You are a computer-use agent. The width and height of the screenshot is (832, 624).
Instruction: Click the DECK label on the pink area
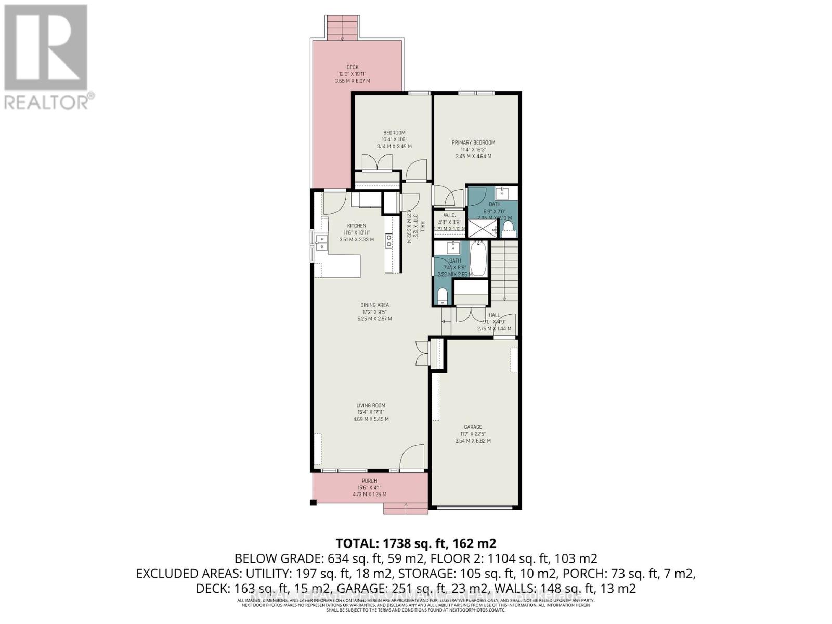(353, 67)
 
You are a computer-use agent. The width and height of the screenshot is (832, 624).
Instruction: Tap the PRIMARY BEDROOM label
(473, 142)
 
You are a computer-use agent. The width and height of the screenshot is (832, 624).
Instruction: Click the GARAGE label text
(473, 427)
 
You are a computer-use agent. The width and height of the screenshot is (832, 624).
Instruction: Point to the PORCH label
(369, 480)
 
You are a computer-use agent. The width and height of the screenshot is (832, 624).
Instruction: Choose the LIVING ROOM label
(371, 405)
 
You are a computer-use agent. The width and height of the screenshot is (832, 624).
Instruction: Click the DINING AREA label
(374, 305)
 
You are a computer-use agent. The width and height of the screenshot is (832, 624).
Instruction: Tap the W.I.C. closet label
(449, 215)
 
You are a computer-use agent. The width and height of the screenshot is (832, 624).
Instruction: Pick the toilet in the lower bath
(443, 296)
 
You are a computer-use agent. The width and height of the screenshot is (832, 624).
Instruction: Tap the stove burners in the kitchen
(388, 240)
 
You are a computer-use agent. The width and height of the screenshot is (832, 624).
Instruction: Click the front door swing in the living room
(411, 456)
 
